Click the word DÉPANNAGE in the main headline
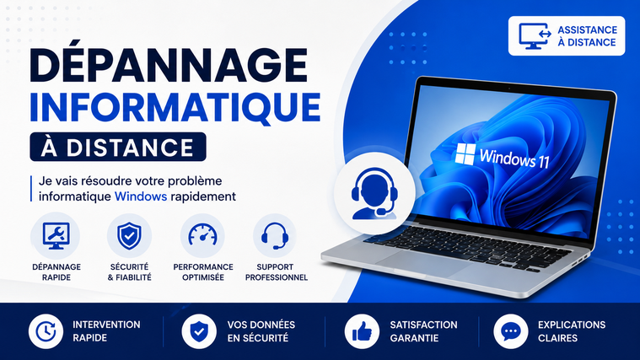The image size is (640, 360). [168, 65]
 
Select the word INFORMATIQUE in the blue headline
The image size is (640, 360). [175, 107]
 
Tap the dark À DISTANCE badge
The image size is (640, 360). [118, 147]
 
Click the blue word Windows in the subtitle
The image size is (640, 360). [141, 196]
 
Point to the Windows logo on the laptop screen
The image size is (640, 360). [465, 153]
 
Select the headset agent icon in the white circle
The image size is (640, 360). [374, 193]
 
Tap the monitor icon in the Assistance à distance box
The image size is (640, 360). [535, 36]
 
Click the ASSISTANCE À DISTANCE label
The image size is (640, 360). [588, 36]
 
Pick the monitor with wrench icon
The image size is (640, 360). [56, 236]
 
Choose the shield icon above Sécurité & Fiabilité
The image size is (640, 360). [129, 236]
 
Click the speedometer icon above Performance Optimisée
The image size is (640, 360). [203, 235]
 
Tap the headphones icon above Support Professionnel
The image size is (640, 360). [275, 236]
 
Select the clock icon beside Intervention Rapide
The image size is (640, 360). [46, 331]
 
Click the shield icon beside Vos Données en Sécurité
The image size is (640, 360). [199, 331]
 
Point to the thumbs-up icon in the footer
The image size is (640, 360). [362, 331]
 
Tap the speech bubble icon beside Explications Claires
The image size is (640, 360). [511, 331]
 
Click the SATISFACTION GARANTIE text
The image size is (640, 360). [423, 331]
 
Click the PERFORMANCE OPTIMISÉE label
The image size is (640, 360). [203, 272]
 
